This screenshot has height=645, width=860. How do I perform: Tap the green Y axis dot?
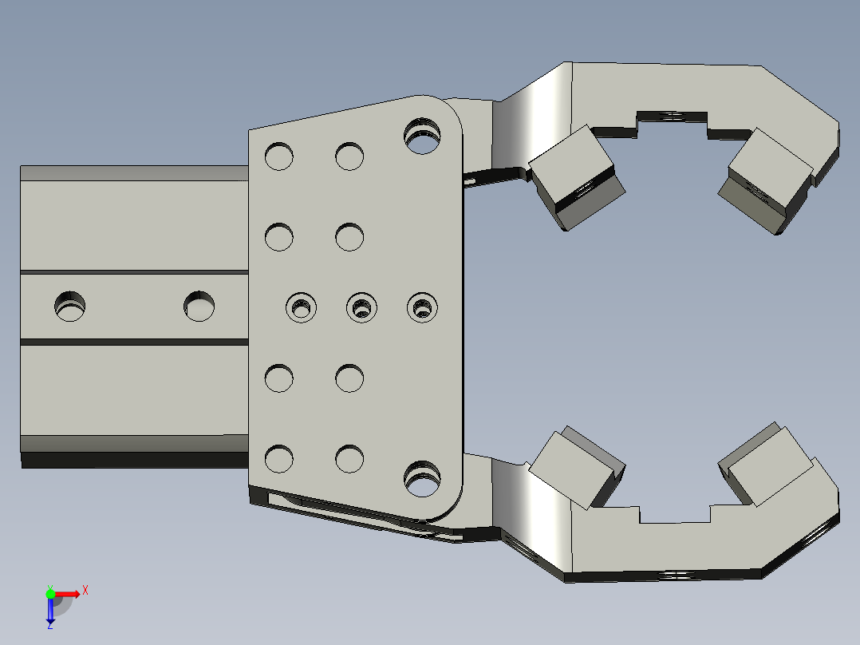[x=50, y=594]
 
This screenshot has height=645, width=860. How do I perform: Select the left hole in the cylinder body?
[x=69, y=307]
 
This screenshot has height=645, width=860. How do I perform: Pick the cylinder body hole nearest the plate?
[x=199, y=307]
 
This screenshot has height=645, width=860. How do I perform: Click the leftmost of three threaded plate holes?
[x=301, y=307]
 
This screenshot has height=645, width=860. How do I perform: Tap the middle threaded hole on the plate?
[x=361, y=307]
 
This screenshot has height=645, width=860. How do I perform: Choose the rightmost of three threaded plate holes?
[x=422, y=307]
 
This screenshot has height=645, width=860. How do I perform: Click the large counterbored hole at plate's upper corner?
[x=422, y=136]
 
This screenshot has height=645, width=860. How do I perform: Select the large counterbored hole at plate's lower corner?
[x=422, y=479]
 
